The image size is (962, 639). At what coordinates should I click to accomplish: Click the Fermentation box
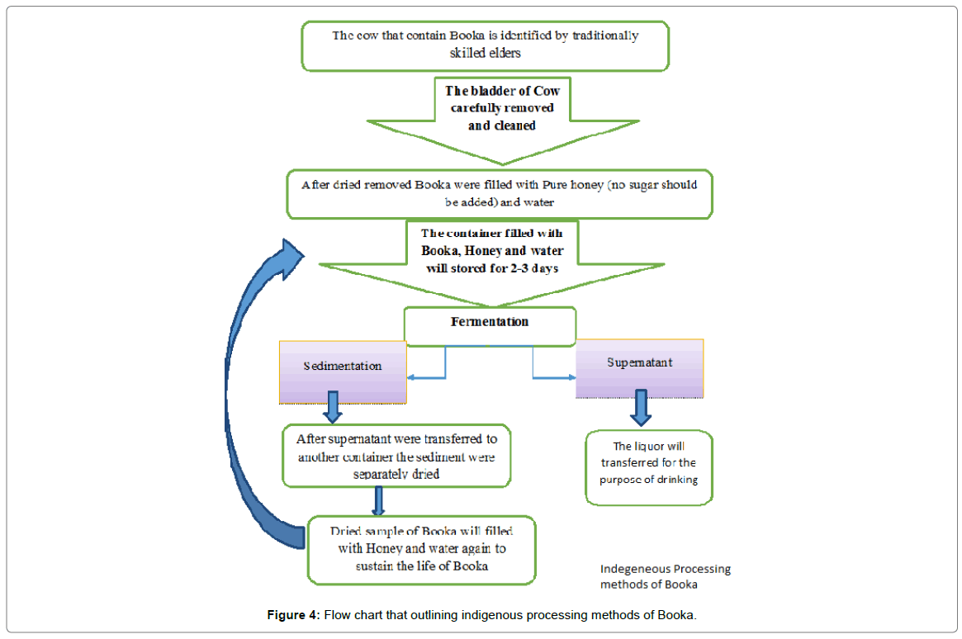point(490,326)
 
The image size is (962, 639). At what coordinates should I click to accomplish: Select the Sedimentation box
point(343,372)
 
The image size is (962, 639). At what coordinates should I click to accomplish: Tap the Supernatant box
point(639,368)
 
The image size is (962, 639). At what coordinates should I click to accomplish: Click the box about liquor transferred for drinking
point(648,468)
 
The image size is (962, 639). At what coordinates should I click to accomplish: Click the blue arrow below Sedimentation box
point(333,407)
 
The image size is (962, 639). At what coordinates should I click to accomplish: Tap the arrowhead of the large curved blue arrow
point(291,258)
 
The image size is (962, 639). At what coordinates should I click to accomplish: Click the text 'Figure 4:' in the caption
point(293,614)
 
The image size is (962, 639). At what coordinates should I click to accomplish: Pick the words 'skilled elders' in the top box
point(485,54)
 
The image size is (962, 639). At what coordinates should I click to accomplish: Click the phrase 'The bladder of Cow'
point(503,91)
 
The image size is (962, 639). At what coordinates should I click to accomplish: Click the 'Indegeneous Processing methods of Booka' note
point(665,576)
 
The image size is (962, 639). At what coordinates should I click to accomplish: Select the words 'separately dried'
point(396,474)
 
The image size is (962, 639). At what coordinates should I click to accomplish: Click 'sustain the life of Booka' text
point(422,566)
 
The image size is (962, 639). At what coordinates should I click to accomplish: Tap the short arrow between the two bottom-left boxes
point(378,501)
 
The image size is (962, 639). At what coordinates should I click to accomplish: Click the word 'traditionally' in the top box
point(605,36)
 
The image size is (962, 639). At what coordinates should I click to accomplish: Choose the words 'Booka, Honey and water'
point(492,251)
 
